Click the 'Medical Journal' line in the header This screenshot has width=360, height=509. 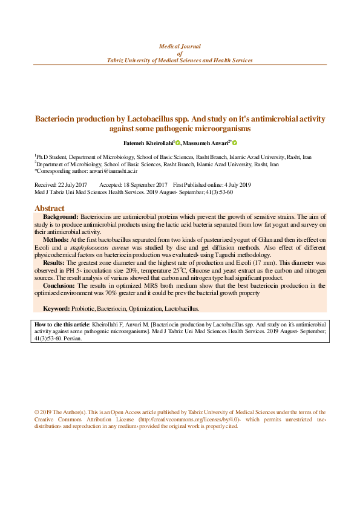point(180,46)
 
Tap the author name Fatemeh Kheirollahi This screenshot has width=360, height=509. point(148,143)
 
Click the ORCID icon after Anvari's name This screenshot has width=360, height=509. point(235,143)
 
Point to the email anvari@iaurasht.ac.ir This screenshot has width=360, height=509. point(110,171)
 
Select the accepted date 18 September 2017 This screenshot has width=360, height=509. point(142,184)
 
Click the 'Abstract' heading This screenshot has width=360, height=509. point(50,208)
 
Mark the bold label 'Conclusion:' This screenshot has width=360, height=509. point(59,285)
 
